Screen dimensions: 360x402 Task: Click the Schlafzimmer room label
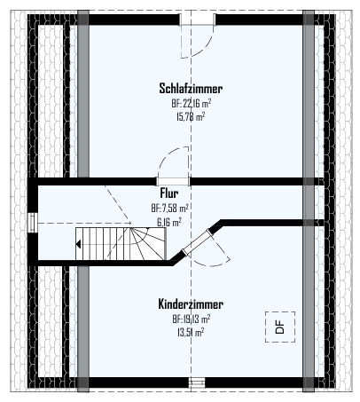191,88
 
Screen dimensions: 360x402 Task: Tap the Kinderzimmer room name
191,303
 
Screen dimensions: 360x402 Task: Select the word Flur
169,193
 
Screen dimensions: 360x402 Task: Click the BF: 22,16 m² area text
191,103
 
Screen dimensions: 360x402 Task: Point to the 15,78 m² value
191,116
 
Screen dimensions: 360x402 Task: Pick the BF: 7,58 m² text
169,208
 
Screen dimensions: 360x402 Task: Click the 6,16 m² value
169,222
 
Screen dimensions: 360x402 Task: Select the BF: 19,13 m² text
192,319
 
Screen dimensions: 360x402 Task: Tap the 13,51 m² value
191,332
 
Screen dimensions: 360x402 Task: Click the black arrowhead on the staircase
78,244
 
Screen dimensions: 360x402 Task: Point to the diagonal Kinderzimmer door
197,243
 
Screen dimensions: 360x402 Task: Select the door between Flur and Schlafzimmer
173,181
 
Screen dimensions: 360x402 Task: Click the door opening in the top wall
198,20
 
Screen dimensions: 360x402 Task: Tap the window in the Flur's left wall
32,223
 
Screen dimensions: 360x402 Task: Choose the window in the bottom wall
197,382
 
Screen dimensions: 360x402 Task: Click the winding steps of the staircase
148,244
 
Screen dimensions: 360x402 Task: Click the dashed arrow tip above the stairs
131,223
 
